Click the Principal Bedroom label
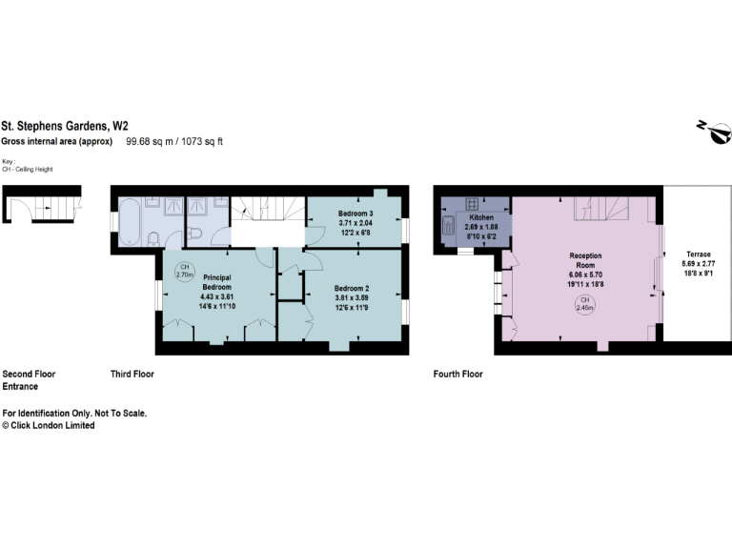click(x=217, y=281)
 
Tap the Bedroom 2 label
click(x=351, y=288)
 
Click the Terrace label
click(x=698, y=254)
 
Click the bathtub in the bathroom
click(x=130, y=218)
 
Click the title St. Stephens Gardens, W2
click(x=65, y=125)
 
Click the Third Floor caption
click(x=132, y=375)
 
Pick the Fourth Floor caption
click(x=458, y=375)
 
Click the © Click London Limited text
click(x=49, y=426)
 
